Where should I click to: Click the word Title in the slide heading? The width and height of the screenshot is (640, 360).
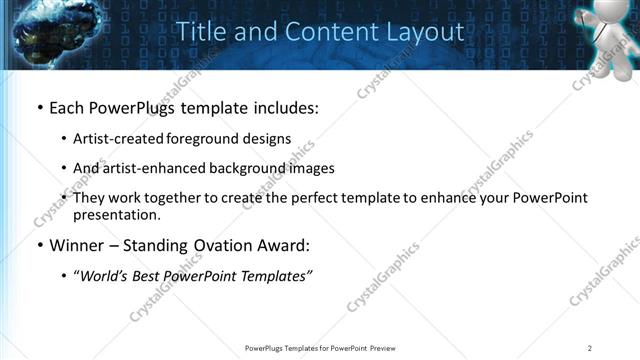pos(199,32)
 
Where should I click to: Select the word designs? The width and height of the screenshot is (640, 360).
pos(265,138)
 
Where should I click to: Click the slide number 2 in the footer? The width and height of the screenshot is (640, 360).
pos(589,348)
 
